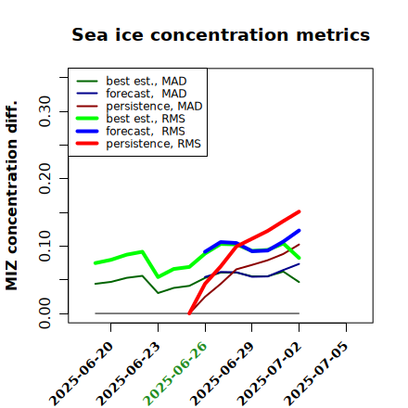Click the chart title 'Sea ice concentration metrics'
point(221,34)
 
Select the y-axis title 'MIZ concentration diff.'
point(11,196)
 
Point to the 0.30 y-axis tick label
point(45,111)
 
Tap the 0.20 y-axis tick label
point(45,179)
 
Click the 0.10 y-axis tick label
point(45,246)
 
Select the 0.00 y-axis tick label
point(45,313)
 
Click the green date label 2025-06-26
point(175,374)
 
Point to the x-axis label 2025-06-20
point(81,374)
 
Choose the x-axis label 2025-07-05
point(316,374)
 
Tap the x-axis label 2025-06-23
point(128,374)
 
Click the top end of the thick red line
point(300,211)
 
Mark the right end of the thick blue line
point(300,230)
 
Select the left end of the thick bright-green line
point(95,263)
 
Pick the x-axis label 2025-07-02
point(269,374)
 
